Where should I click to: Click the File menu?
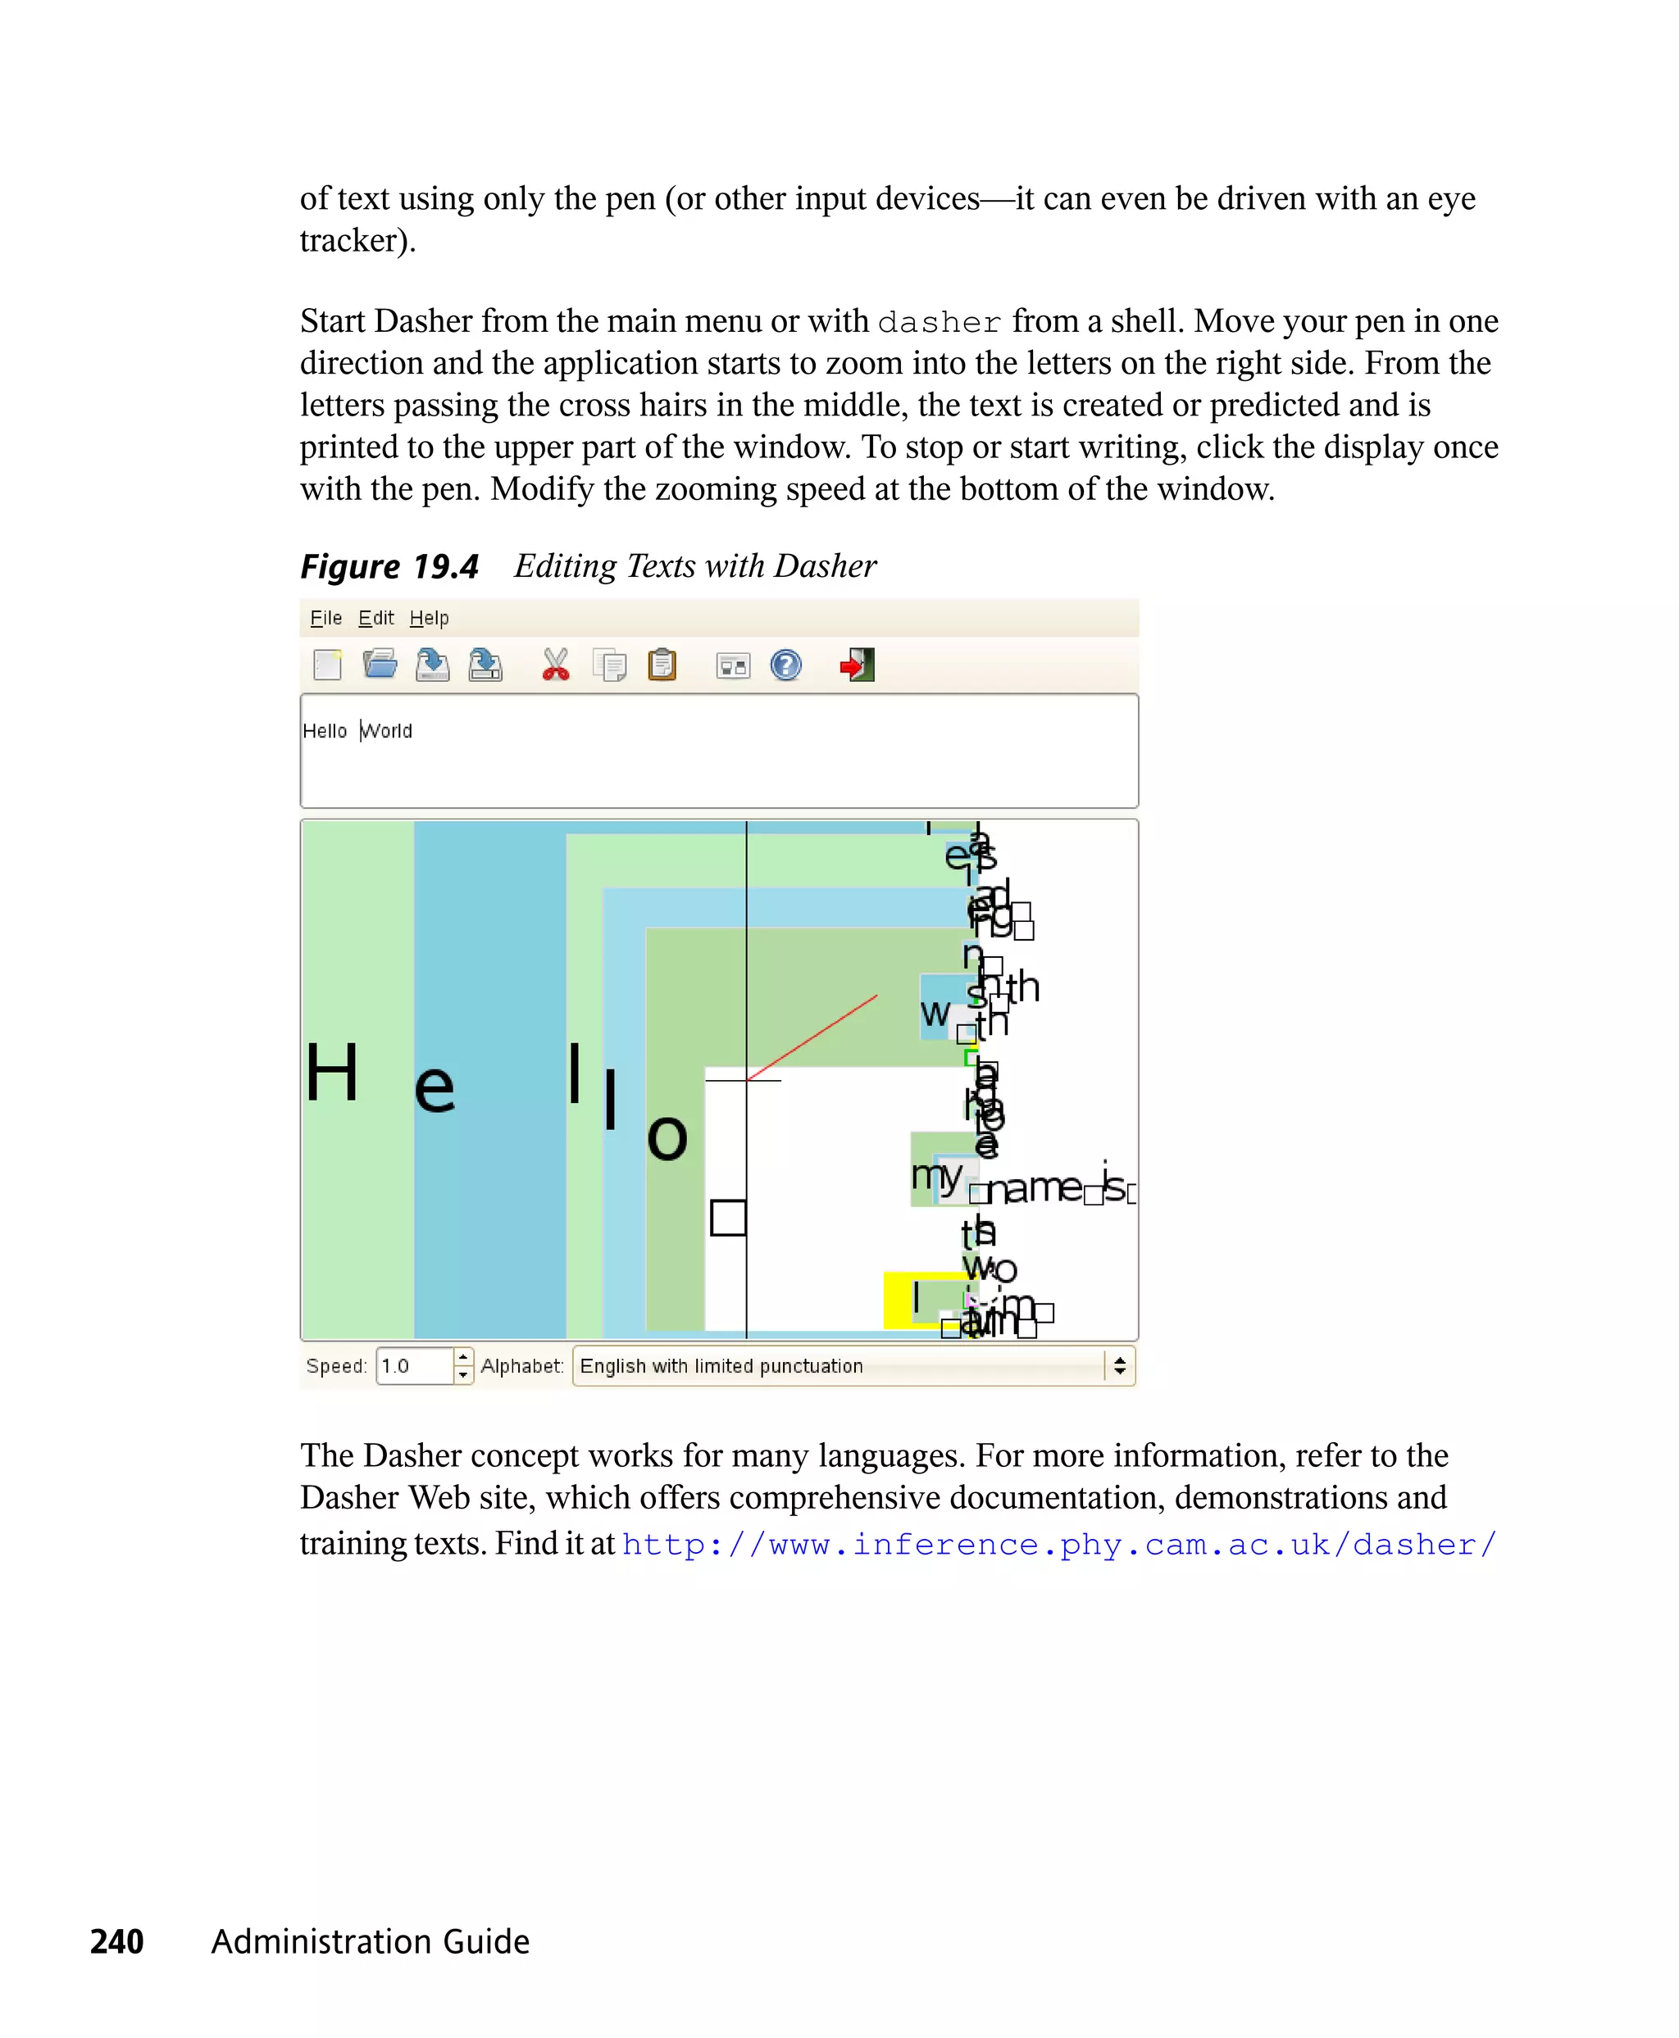coord(326,618)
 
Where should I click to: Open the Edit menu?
coord(376,618)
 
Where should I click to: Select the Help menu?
coord(429,618)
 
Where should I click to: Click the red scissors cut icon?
coord(555,665)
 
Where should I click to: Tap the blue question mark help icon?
coord(785,665)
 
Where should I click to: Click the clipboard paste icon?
coord(662,665)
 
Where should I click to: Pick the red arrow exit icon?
coord(857,665)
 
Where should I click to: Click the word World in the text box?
coord(387,731)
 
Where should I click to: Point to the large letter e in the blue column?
coord(435,1088)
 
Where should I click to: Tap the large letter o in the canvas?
coord(667,1138)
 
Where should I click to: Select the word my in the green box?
coord(935,1174)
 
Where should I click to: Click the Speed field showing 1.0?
coord(413,1366)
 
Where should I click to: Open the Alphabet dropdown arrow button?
coord(1119,1366)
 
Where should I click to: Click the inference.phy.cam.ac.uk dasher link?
coord(1058,1544)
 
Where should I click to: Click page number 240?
coord(117,1940)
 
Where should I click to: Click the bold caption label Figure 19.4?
coord(389,566)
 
